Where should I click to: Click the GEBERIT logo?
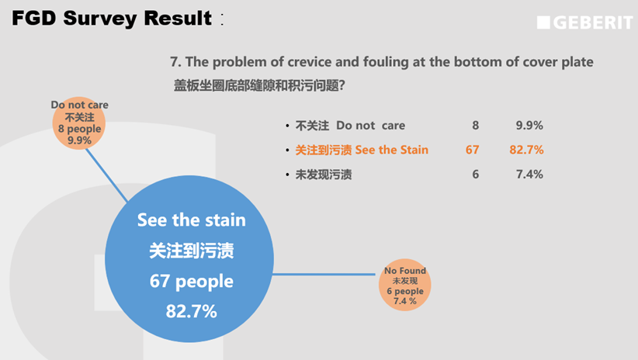584,22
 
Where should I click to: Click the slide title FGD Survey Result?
112,19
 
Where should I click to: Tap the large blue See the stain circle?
189,258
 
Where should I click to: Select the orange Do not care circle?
79,123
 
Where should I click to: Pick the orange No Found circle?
405,285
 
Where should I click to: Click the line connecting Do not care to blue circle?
106,175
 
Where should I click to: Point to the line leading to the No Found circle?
324,275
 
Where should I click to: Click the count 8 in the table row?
475,125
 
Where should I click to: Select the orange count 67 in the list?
472,150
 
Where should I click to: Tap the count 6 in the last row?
475,175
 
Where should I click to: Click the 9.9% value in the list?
529,125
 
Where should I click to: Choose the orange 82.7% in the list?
526,150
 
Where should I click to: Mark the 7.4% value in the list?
529,175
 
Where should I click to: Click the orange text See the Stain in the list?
391,150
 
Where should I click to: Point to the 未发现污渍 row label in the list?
324,175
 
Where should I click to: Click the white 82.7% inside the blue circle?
191,311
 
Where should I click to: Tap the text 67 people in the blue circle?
191,281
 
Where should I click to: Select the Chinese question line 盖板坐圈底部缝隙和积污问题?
259,85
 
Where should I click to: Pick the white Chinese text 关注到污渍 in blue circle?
191,251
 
